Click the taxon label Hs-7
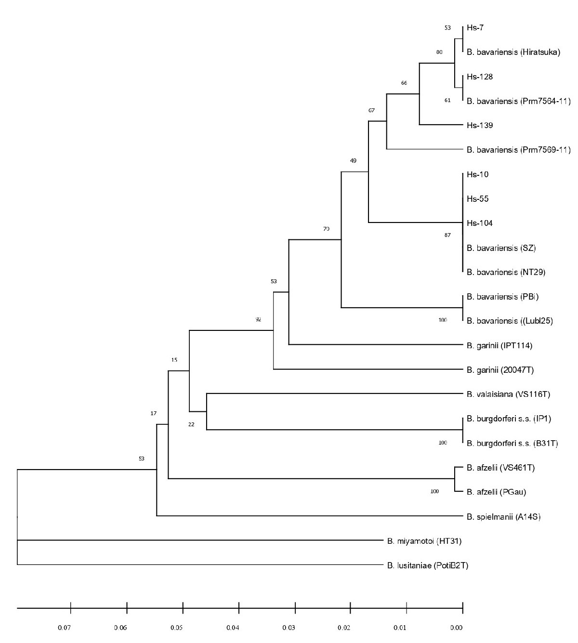coord(475,28)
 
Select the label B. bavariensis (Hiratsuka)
coord(513,52)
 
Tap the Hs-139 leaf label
coord(480,126)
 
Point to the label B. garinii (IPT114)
coord(499,346)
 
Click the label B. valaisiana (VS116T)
coord(508,395)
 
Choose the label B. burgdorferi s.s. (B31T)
coord(512,444)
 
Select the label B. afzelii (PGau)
coord(496,492)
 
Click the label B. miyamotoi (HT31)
coord(424,541)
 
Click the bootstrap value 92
coord(258,319)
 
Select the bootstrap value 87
coord(447,235)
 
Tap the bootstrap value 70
coord(326,229)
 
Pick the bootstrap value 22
coord(191,424)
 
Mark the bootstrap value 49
coord(353,161)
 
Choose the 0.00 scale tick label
coord(456,628)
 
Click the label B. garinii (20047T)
coord(500,370)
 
